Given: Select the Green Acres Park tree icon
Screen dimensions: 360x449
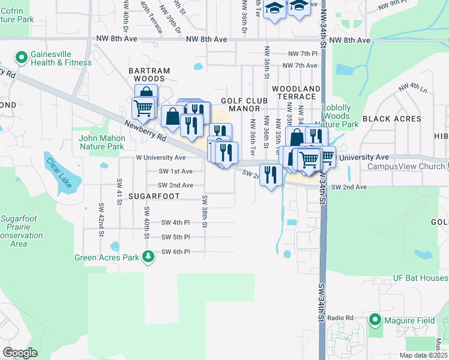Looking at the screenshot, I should coord(148,257).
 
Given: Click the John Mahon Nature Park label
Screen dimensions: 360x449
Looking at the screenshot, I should coord(101,142).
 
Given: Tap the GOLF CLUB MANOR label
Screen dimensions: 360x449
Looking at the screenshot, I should coord(240,104).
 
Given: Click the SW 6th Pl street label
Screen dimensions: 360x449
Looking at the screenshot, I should coord(175,252).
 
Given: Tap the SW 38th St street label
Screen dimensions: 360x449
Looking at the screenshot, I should coord(205,212).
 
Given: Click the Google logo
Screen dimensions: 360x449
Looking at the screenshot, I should coord(20,353).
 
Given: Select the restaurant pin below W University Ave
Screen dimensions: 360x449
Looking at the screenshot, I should coord(271,175).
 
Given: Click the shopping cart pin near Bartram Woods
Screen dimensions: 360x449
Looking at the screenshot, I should coord(143,108).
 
